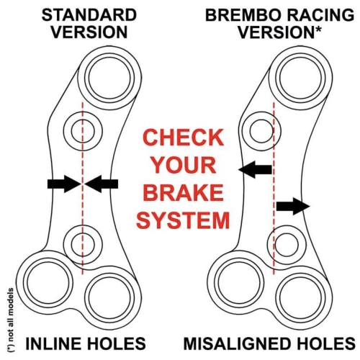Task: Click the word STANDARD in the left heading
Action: (x=89, y=15)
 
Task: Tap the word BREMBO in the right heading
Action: (x=243, y=15)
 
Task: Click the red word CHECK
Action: (x=184, y=138)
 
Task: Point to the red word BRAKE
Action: (x=184, y=192)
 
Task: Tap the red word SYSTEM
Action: (x=183, y=220)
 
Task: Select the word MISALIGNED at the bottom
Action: (x=241, y=343)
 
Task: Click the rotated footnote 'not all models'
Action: (x=10, y=320)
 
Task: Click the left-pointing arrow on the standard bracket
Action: (x=102, y=184)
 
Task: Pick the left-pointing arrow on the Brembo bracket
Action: (x=256, y=169)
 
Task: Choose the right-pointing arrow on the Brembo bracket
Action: (x=293, y=206)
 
